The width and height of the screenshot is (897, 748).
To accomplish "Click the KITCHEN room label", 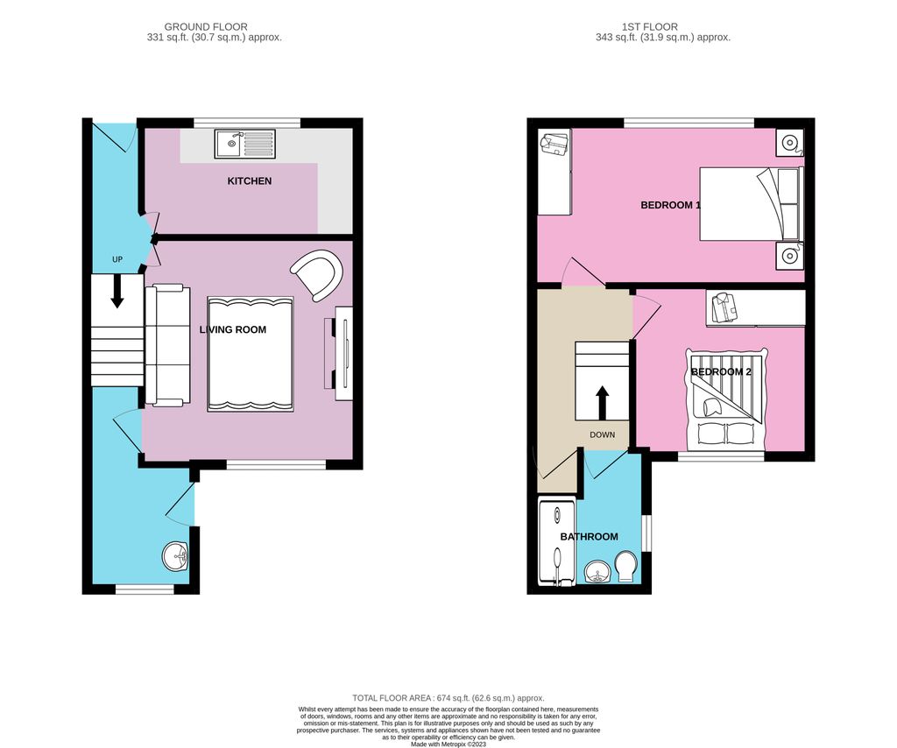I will (x=250, y=181).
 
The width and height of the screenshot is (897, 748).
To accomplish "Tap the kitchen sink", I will (x=245, y=143).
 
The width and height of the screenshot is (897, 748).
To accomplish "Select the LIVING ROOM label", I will (x=232, y=330).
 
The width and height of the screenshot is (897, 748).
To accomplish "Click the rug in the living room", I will (x=250, y=354).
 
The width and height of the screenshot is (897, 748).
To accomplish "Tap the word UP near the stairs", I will (x=117, y=260).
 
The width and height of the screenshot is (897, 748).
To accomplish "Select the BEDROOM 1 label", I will (x=670, y=205).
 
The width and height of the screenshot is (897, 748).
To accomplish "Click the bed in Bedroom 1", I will (x=751, y=204).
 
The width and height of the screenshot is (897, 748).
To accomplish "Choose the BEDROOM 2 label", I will (x=720, y=371).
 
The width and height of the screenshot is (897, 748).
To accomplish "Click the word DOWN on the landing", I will (x=602, y=434).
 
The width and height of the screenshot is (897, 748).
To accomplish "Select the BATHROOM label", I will (x=589, y=537).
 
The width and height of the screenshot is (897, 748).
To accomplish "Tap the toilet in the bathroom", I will (x=626, y=566).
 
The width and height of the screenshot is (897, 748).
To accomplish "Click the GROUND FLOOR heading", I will (x=206, y=27).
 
